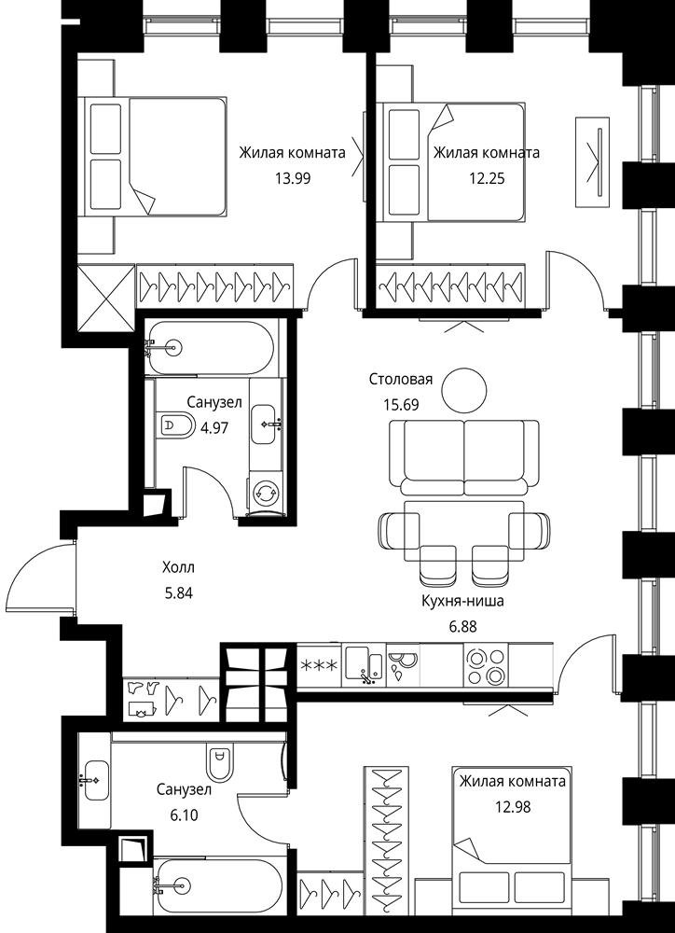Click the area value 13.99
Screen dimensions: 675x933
coord(293,177)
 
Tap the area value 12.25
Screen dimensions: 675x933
coord(486,177)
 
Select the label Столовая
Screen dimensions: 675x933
coord(401,380)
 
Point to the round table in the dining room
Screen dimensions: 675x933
coord(464,390)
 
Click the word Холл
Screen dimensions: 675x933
coord(178,567)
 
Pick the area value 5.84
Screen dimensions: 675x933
coord(178,592)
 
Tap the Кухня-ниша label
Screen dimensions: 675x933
coord(462,601)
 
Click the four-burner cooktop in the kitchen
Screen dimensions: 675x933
coord(486,666)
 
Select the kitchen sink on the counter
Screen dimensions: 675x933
coord(365,664)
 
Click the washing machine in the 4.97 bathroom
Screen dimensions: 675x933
coord(266,492)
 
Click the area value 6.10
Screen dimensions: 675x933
coord(185,815)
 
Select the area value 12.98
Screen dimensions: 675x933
coord(513,807)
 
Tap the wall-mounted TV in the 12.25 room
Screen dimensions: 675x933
coord(592,161)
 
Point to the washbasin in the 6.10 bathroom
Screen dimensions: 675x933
coord(94,779)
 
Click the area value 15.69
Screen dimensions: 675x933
coord(401,405)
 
